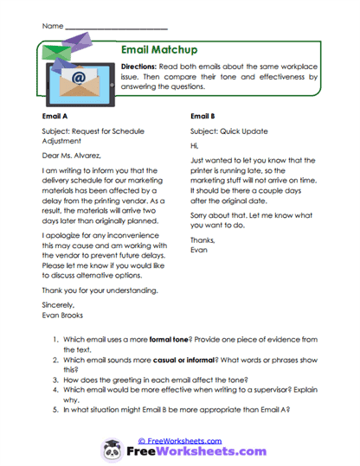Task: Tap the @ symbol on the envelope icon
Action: (x=77, y=78)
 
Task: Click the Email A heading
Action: (x=57, y=114)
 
